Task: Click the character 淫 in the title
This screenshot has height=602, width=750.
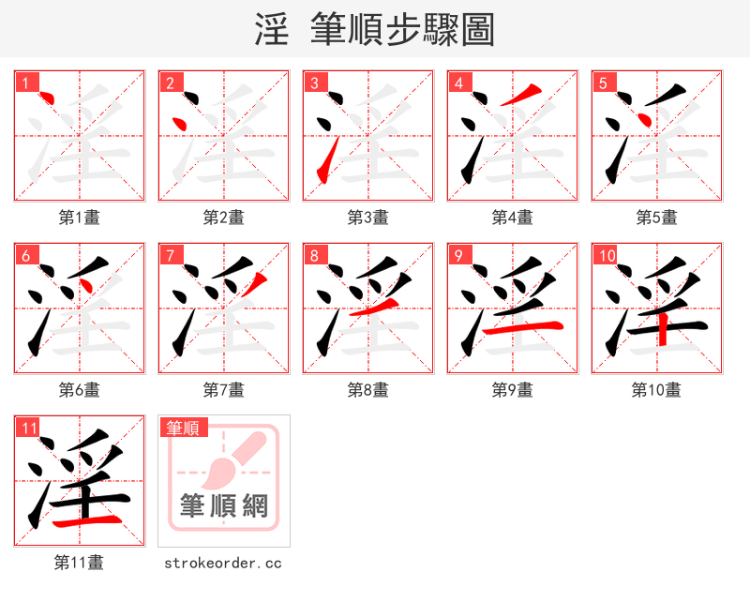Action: pos(272,30)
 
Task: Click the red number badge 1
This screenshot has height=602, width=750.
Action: pos(25,83)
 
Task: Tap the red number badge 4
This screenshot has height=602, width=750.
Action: pos(458,83)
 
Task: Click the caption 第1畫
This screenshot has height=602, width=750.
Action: pos(80,218)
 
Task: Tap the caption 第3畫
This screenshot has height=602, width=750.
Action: pos(368,218)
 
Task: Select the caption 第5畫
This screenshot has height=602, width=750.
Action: pos(657,218)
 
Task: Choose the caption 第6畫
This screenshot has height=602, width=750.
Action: pos(80,390)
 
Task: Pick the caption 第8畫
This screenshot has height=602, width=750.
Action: pos(368,390)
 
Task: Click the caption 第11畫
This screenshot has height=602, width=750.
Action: pos(80,563)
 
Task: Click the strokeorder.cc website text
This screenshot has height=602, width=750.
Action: pos(223,564)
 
